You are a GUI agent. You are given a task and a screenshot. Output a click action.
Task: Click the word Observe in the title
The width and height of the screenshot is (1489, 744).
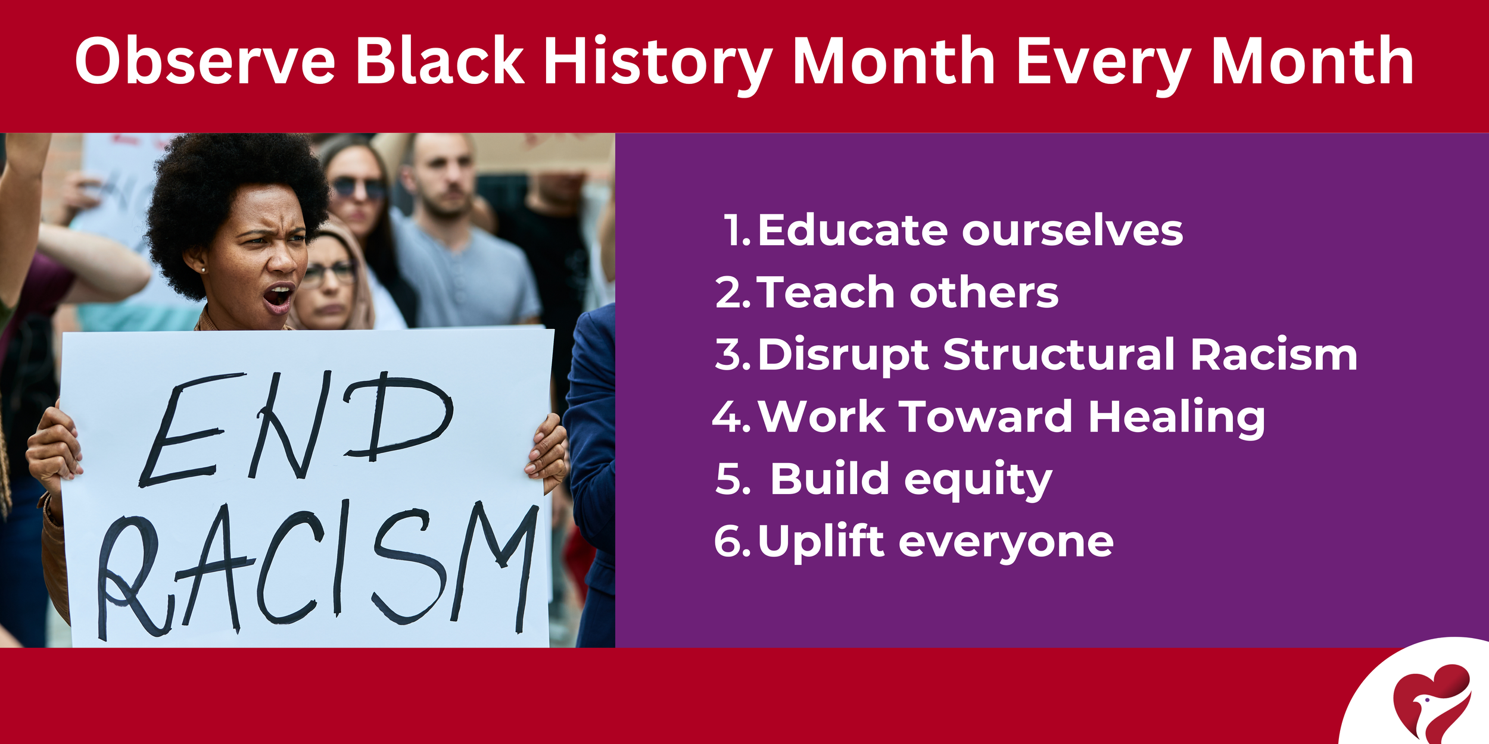205,61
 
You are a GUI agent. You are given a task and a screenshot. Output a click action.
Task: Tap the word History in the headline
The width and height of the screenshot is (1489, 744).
658,61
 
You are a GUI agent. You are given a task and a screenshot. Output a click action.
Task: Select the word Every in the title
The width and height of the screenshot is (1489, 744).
1102,61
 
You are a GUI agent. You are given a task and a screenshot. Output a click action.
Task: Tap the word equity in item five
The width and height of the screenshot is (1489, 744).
977,480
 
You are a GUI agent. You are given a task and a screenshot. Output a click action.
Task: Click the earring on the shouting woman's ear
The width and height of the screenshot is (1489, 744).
204,270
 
